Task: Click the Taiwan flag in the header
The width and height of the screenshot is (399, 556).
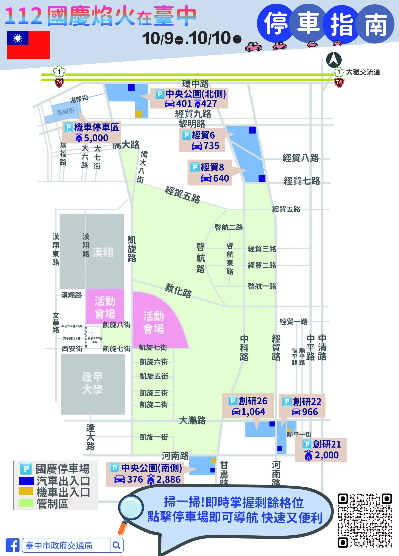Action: tap(28, 45)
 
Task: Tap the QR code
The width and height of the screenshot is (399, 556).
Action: tap(365, 520)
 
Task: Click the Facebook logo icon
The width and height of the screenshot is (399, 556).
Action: tap(12, 545)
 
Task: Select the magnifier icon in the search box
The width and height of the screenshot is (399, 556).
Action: tap(116, 545)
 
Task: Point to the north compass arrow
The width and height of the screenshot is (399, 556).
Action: tap(334, 60)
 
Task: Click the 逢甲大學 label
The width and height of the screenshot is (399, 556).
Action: tap(92, 383)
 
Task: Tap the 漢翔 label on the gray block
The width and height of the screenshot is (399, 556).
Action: tap(103, 252)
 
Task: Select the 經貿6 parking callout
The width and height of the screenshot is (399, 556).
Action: tap(202, 140)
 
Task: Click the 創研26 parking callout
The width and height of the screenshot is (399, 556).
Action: tap(248, 406)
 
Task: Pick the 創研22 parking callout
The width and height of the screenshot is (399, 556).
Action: tap(302, 406)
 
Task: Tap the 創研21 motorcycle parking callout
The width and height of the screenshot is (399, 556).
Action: tap(321, 450)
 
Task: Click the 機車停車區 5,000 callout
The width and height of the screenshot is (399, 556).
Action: tap(91, 132)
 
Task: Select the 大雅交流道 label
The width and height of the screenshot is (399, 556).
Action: tap(363, 72)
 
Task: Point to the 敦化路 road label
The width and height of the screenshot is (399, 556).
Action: tap(178, 291)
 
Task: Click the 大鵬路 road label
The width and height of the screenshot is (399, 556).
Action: tap(193, 420)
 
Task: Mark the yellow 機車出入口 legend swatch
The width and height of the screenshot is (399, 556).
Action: tap(26, 491)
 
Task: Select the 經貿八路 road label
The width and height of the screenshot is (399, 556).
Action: tap(300, 158)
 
